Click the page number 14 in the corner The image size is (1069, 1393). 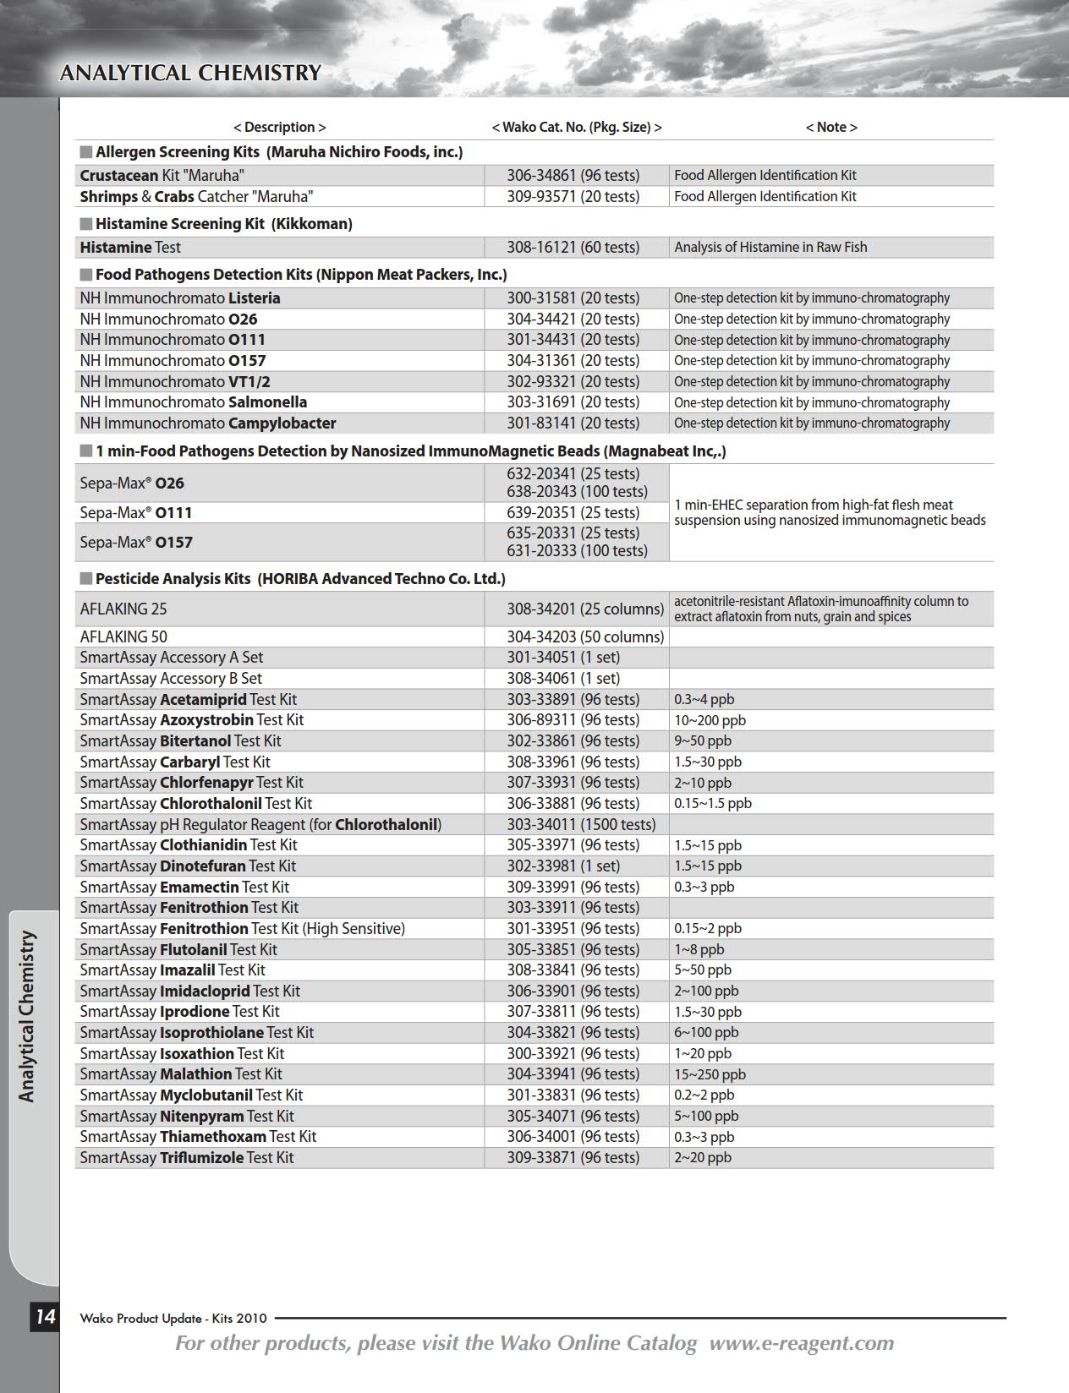[x=44, y=1316]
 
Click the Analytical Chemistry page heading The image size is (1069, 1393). [x=190, y=73]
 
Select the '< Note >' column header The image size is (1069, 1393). [x=831, y=127]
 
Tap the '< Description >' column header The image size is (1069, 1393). [x=279, y=127]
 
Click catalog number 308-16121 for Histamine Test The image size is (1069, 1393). [x=573, y=247]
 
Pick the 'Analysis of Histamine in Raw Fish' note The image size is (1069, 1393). [x=770, y=247]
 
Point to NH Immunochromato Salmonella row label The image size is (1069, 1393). [x=193, y=402]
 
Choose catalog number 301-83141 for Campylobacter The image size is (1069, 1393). [x=573, y=423]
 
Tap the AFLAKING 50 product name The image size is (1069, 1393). [x=123, y=636]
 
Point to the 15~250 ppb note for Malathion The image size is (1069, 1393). [x=710, y=1074]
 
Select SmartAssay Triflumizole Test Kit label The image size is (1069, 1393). [x=186, y=1157]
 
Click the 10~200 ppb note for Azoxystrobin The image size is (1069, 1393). [x=710, y=720]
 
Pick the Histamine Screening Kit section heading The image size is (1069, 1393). [x=223, y=224]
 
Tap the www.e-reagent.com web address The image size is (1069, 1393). [x=801, y=1343]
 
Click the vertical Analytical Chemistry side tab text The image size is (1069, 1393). [x=27, y=1016]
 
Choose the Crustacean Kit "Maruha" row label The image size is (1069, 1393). [x=162, y=175]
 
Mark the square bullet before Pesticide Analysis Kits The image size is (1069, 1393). [x=85, y=579]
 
